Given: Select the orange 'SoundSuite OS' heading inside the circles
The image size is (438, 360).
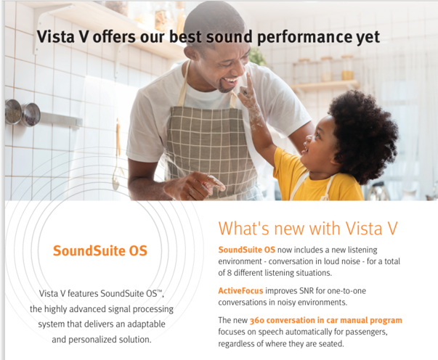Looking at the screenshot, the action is click(100, 250).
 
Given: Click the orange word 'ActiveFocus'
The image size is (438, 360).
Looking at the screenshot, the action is click(240, 291).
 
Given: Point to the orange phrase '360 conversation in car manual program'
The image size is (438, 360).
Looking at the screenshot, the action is click(325, 320).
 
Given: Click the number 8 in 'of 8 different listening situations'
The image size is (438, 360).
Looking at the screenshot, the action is click(229, 273).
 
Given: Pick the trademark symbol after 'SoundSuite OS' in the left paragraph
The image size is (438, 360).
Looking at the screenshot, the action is click(159, 292).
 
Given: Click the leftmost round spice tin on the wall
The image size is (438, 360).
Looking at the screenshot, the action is click(12, 111).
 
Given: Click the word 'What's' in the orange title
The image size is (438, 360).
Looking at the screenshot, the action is click(244, 228).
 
